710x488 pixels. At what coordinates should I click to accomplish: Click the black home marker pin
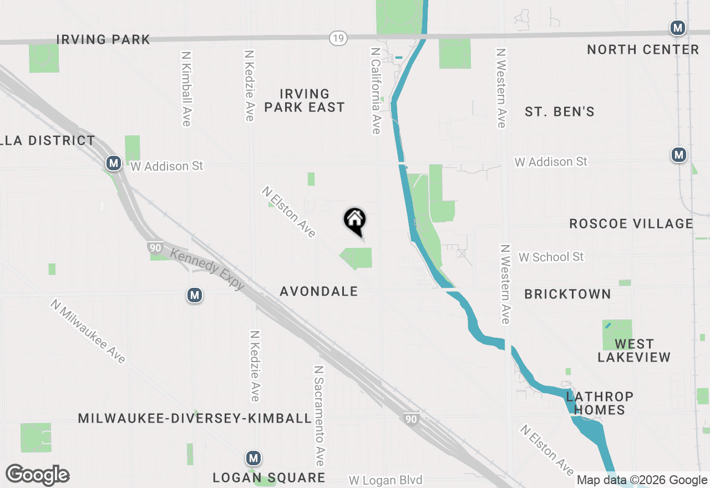[x=355, y=221]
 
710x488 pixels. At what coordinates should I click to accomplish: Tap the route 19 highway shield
[x=337, y=38]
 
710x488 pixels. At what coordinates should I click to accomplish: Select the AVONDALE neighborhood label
[x=319, y=291]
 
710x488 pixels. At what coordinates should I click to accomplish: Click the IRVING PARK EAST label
[x=305, y=100]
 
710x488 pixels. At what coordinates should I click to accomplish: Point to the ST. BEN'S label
[x=560, y=111]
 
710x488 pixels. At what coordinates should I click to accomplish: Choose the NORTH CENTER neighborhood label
[x=643, y=49]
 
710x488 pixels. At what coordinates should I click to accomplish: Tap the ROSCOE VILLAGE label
[x=631, y=223]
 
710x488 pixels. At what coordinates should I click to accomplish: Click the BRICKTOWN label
[x=567, y=294]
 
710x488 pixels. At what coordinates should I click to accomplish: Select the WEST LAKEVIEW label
[x=634, y=350]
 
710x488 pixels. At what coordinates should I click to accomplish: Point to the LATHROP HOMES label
[x=600, y=403]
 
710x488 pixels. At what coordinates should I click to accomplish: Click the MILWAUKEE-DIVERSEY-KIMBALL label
[x=195, y=418]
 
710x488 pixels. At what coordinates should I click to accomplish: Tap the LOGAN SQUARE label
[x=270, y=477]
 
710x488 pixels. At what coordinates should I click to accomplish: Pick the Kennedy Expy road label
[x=207, y=269]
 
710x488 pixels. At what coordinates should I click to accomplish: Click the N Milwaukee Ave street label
[x=88, y=332]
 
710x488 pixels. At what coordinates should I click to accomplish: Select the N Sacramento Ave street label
[x=318, y=415]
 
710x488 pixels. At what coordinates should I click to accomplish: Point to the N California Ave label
[x=376, y=90]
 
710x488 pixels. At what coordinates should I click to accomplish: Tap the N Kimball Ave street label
[x=186, y=89]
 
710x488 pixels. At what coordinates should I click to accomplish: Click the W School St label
[x=551, y=257]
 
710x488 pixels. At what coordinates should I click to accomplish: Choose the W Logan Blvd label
[x=386, y=480]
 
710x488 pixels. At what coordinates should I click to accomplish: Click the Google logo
[x=37, y=475]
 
